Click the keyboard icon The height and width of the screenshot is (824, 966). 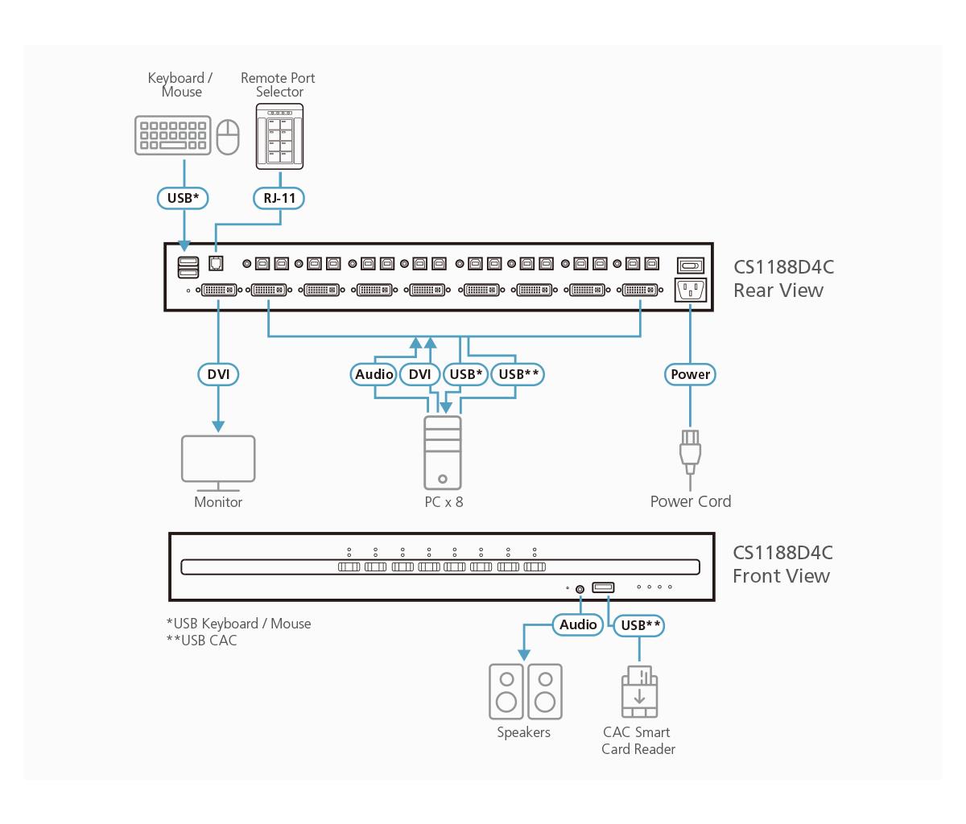click(173, 135)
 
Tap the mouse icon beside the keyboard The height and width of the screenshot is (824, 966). click(228, 137)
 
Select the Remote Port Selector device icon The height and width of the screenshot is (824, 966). click(279, 137)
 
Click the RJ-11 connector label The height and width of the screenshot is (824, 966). click(279, 198)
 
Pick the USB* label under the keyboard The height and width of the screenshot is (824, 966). click(183, 198)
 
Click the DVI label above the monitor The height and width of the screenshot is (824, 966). click(218, 374)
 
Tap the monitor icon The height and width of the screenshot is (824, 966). click(218, 463)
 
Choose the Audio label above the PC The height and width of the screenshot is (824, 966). click(374, 374)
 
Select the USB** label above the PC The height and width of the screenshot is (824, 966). click(518, 374)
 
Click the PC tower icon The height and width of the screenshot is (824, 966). click(443, 453)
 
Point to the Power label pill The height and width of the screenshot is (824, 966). click(690, 374)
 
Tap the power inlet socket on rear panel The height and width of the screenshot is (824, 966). click(691, 290)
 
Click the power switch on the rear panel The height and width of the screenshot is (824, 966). click(691, 266)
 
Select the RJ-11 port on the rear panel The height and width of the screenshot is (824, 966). click(216, 263)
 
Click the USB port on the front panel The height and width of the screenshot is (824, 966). click(603, 587)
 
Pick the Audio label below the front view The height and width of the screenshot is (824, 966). click(578, 624)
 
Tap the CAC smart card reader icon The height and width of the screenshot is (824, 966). click(639, 692)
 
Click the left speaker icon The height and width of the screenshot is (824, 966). click(506, 692)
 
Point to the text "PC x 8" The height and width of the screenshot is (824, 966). click(444, 502)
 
